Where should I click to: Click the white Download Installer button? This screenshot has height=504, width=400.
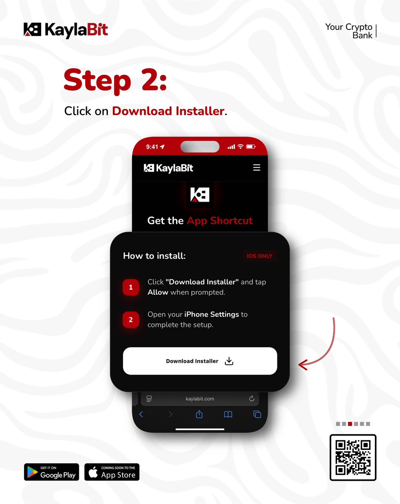(x=200, y=361)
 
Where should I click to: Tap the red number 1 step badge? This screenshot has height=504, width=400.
(x=131, y=287)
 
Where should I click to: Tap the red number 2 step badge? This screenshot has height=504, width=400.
(x=131, y=320)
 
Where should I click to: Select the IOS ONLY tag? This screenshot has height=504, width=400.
(x=259, y=256)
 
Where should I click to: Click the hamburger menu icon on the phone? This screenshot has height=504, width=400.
(x=257, y=168)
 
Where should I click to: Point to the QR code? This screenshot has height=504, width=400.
(x=353, y=457)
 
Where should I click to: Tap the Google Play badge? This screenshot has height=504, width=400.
(x=52, y=472)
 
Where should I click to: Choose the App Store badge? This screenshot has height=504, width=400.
(x=112, y=472)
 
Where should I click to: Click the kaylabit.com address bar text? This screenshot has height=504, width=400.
(x=200, y=399)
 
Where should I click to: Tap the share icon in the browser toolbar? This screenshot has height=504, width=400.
(x=199, y=415)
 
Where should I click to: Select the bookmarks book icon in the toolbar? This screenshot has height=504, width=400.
(x=228, y=415)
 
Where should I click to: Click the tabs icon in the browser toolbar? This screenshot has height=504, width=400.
(x=257, y=415)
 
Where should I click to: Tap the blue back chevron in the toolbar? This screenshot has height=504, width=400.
(x=141, y=415)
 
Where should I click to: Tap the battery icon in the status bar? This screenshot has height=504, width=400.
(x=251, y=147)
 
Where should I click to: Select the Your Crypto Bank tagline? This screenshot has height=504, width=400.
(x=349, y=31)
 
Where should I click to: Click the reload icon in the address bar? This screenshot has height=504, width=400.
(x=252, y=399)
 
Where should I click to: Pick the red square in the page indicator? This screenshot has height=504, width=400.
(x=350, y=424)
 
